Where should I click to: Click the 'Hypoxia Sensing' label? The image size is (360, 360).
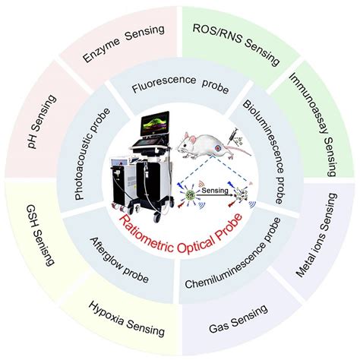tap(126, 321)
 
